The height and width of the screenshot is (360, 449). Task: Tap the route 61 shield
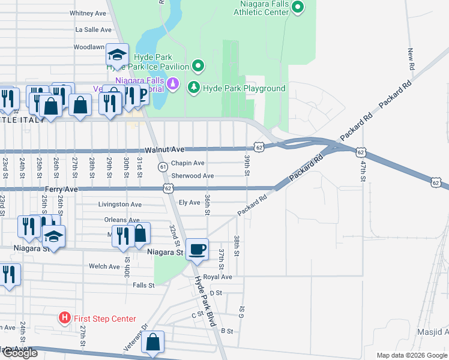pos(163,166)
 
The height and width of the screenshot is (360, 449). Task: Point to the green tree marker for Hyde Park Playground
pos(194,88)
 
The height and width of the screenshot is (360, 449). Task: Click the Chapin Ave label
pos(188,163)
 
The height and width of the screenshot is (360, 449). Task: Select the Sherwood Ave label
pos(192,176)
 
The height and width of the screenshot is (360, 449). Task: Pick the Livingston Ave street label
pos(120,204)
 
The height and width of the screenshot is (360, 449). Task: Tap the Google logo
pos(19,353)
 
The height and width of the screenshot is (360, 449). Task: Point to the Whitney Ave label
pos(88,13)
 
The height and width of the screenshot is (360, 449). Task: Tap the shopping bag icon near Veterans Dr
pos(154,343)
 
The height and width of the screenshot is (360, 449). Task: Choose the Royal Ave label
pos(217,277)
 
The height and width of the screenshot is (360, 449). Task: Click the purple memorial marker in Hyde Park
pos(173,83)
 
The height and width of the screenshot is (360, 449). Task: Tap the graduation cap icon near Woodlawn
pos(117,55)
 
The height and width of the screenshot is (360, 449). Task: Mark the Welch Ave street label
pos(104,266)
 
